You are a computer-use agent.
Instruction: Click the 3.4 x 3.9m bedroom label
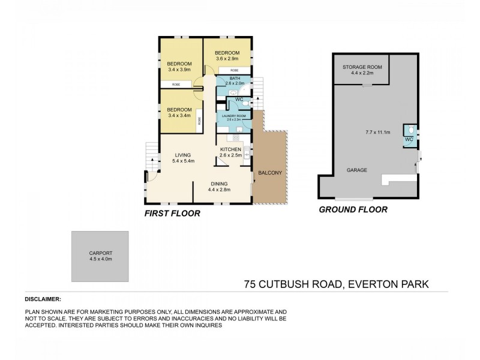[179, 67]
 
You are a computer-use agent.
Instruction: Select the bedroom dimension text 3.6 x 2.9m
[227, 59]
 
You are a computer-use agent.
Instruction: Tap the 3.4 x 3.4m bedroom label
[179, 113]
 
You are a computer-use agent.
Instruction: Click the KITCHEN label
[230, 149]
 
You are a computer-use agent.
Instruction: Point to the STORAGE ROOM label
[358, 67]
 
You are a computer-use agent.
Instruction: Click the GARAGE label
[356, 170]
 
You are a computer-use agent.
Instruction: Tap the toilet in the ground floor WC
[409, 130]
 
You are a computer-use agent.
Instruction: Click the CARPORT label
[100, 253]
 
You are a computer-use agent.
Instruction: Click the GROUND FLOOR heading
[353, 210]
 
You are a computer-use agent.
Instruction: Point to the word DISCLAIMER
[43, 298]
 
